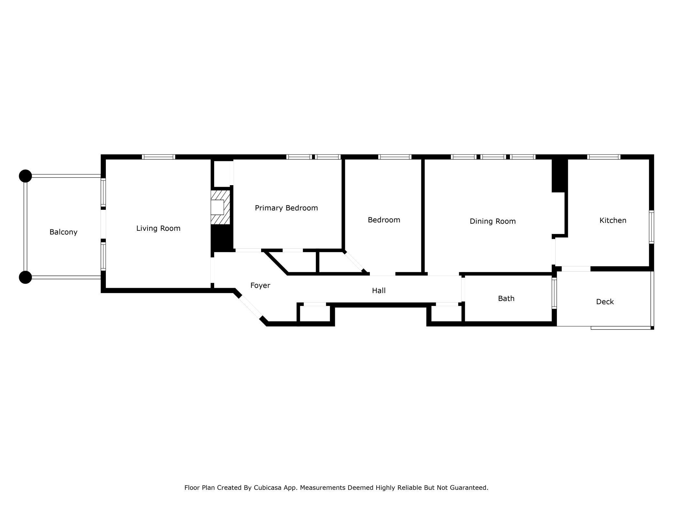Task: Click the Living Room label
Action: coord(158,229)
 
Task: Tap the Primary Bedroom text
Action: coord(286,208)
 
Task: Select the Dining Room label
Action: coord(492,221)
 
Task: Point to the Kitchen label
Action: coord(613,220)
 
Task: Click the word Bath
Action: coord(506,298)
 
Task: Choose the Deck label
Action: coord(605,302)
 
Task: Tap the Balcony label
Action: coord(63,232)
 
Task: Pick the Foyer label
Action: coord(260,286)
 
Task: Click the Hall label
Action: coord(379,291)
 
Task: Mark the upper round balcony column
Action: coord(25,176)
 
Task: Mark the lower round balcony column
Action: coord(25,277)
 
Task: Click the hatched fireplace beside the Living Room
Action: coord(220,208)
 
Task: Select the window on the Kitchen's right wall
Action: coord(652,227)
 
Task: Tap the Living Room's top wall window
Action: coord(159,157)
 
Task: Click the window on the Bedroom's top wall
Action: coord(395,157)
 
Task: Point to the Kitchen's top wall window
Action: coord(604,157)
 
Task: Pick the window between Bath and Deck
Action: coord(554,293)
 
